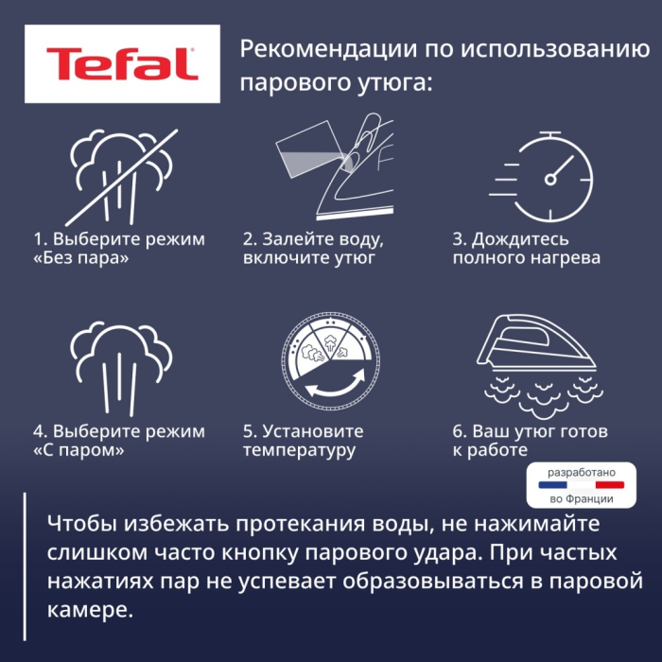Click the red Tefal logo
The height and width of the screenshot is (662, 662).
coord(122,63)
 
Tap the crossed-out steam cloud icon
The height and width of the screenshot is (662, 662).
coord(121,175)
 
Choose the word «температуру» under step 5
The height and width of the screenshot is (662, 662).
coord(299,450)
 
